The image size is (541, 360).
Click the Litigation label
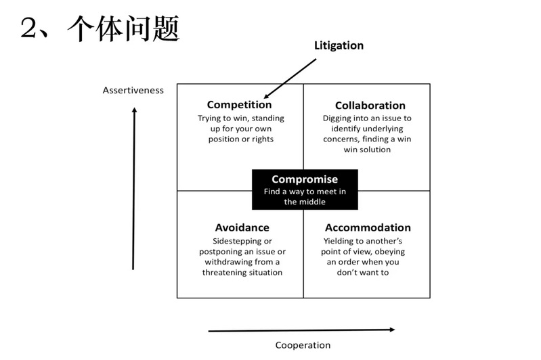[x=339, y=46]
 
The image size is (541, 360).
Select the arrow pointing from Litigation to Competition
[x=290, y=78]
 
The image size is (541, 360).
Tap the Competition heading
[x=239, y=105]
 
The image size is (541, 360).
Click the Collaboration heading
[x=370, y=105]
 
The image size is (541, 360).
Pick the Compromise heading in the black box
[x=305, y=179]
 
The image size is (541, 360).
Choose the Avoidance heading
[x=242, y=227]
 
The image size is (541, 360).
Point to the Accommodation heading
[x=368, y=227]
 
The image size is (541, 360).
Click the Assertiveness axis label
[x=133, y=91]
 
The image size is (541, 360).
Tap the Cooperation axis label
[x=303, y=345]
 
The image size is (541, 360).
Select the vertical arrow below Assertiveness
[x=134, y=189]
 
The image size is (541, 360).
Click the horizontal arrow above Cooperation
[x=301, y=330]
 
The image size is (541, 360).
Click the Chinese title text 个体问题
[x=123, y=28]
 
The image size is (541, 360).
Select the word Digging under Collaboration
[x=337, y=118]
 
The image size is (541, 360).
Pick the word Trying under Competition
[x=209, y=118]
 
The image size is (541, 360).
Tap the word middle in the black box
[x=314, y=202]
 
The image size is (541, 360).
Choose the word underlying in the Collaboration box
[x=382, y=129]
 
